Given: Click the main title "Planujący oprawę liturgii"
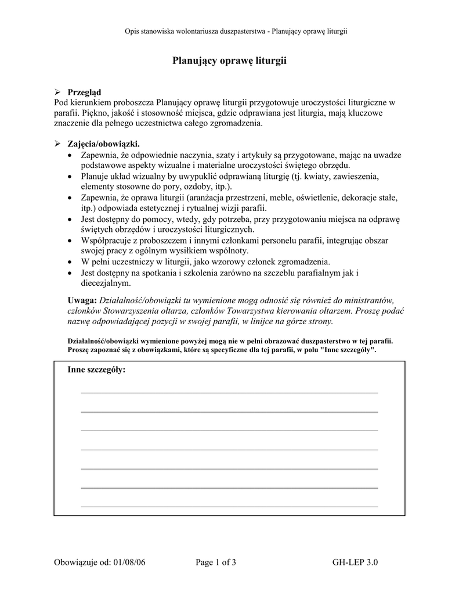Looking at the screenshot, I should [229, 60].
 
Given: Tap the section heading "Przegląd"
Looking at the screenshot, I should [84, 92].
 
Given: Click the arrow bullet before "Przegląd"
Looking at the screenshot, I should [57, 92].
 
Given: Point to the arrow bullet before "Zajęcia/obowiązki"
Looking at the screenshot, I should [57, 144].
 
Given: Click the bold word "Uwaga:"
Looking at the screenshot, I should [82, 300].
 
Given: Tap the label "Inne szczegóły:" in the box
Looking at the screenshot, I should [96, 370].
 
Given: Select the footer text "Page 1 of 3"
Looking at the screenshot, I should [216, 562].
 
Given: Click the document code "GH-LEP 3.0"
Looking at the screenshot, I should [355, 562].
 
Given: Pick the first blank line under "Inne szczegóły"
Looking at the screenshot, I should [229, 393].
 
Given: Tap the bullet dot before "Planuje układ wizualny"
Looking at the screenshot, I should [70, 177].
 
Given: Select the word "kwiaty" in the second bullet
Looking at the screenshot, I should [314, 176].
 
